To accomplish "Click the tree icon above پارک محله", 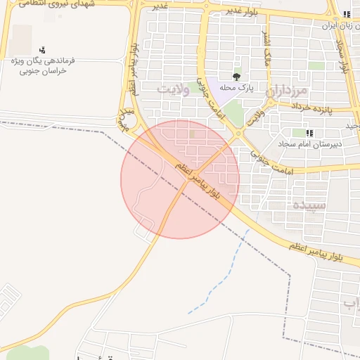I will pos(236,76).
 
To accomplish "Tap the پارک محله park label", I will pos(236,88).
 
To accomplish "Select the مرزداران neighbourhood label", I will pos(288,91).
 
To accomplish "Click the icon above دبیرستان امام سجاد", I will pos(309,133).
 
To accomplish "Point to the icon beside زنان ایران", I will pos(346,15).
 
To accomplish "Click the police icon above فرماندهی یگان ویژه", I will pos(43,49).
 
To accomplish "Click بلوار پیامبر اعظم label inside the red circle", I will pos(197,177).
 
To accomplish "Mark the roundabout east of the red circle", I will pos(239,134).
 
